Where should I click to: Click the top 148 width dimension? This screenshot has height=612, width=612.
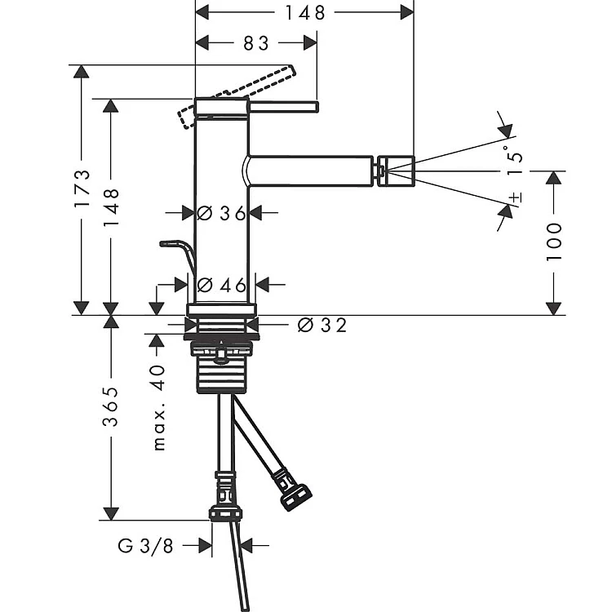tap(304, 12)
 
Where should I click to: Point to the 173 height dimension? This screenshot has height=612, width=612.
tap(81, 188)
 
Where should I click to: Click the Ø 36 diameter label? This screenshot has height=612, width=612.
tap(222, 213)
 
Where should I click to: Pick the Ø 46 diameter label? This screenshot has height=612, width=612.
tap(222, 285)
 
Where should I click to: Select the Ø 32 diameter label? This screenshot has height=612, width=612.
tap(322, 326)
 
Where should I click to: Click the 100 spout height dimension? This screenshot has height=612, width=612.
tap(554, 241)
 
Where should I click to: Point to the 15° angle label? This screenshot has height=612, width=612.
tap(513, 160)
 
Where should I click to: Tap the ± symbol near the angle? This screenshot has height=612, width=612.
tap(515, 197)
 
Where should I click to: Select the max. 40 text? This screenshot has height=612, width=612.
tap(158, 407)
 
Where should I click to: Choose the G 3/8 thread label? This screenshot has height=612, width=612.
tap(146, 546)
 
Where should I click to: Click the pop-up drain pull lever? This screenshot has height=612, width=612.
tap(180, 248)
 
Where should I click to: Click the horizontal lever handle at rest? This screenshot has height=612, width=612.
tap(283, 107)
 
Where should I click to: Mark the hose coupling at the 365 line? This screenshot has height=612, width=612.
tap(225, 513)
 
